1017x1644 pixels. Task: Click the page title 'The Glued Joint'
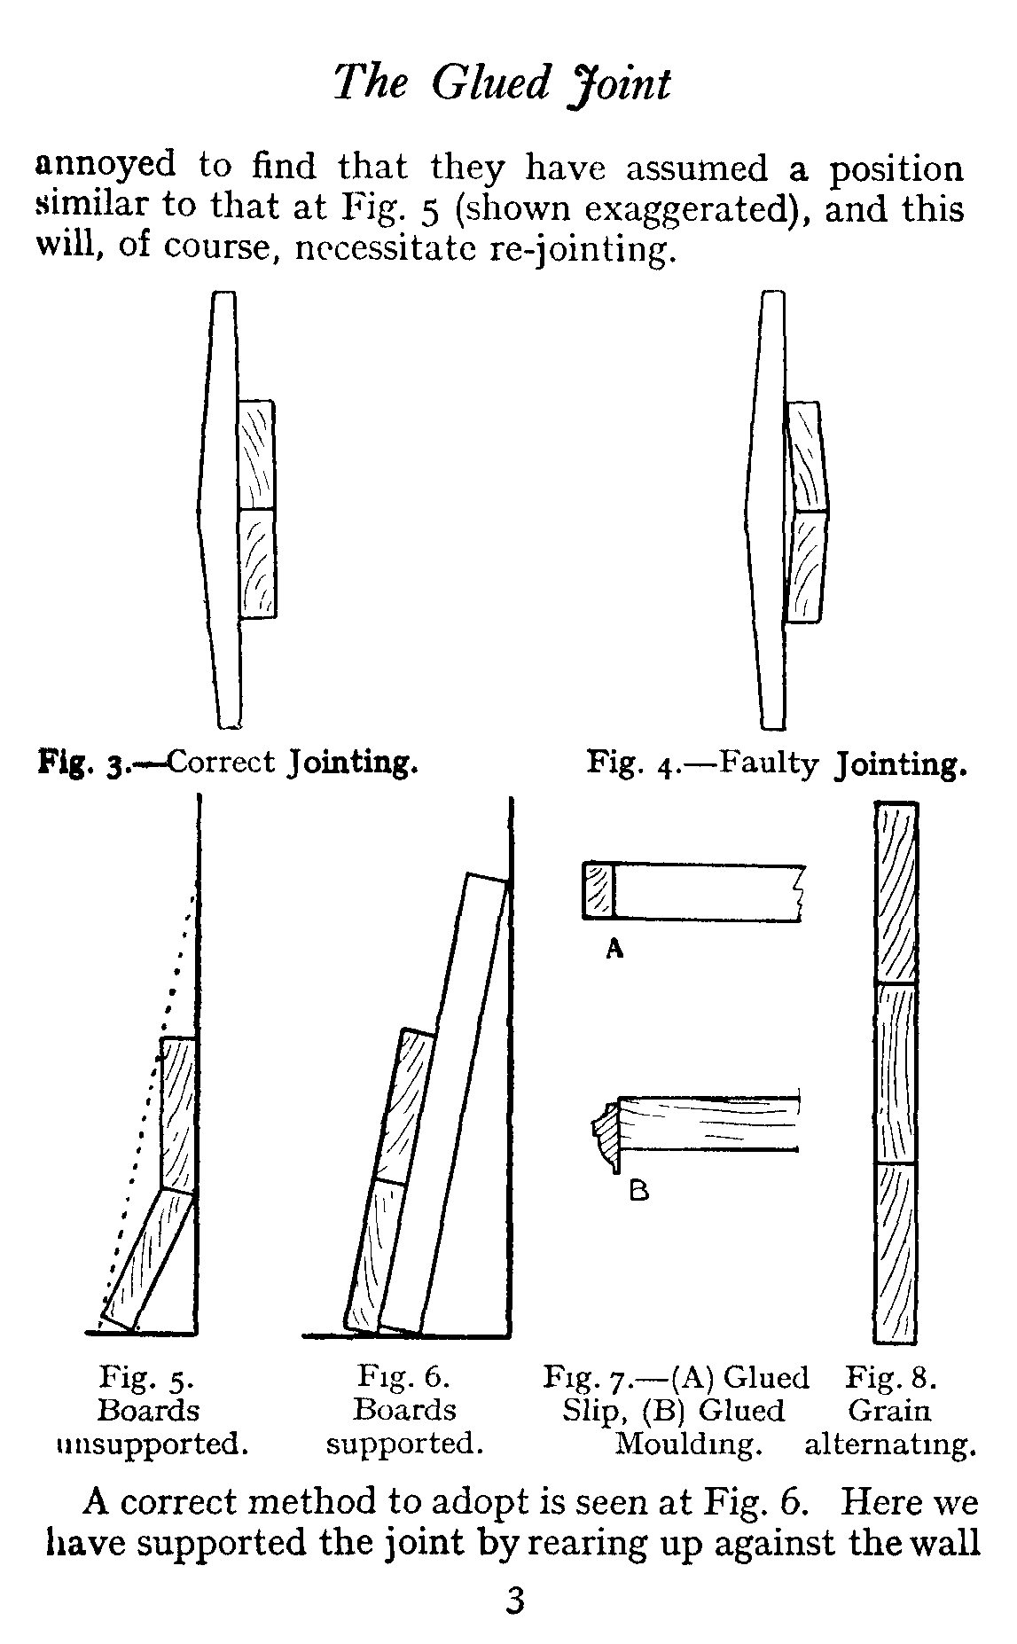click(x=503, y=84)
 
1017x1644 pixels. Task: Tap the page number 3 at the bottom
click(x=514, y=1602)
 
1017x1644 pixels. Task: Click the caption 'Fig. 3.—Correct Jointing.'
click(x=227, y=762)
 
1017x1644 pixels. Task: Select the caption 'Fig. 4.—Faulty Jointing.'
click(x=776, y=763)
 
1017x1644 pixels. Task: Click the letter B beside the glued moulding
click(x=638, y=1191)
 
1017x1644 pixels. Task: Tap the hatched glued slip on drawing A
click(x=598, y=890)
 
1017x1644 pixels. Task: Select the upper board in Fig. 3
click(x=257, y=454)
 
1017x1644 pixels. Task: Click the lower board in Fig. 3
click(x=258, y=562)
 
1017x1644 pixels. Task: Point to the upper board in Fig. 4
click(x=806, y=457)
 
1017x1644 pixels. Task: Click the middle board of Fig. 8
click(x=896, y=1073)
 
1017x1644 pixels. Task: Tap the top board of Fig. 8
click(x=896, y=893)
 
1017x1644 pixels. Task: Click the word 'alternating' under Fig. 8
click(x=890, y=1444)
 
